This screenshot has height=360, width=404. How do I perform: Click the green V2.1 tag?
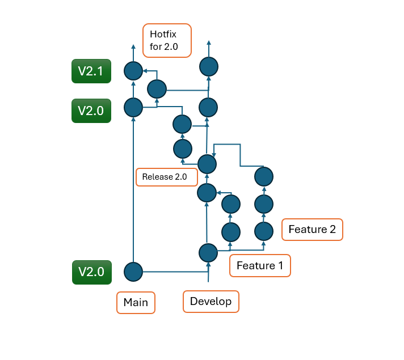pyautogui.click(x=91, y=71)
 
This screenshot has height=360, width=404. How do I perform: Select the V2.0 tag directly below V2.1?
pyautogui.click(x=91, y=111)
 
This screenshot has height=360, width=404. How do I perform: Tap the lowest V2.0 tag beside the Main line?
pyautogui.click(x=91, y=272)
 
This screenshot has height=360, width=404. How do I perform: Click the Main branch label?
pyautogui.click(x=136, y=302)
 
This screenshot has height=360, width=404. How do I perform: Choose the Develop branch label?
pyautogui.click(x=211, y=301)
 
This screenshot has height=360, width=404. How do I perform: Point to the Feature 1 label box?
pyautogui.click(x=260, y=265)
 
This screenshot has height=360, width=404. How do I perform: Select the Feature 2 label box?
pyautogui.click(x=312, y=230)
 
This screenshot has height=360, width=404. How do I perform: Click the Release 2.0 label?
pyautogui.click(x=166, y=177)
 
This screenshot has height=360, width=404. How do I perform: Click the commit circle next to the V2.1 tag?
pyautogui.click(x=133, y=71)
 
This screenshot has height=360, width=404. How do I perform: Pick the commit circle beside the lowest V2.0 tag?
pyautogui.click(x=133, y=272)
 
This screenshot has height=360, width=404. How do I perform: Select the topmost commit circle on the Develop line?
pyautogui.click(x=209, y=66)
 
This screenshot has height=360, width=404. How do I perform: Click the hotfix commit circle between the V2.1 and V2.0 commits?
pyautogui.click(x=157, y=89)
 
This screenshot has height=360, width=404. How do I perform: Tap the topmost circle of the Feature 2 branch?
pyautogui.click(x=264, y=176)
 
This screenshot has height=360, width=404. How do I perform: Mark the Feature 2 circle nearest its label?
pyautogui.click(x=264, y=231)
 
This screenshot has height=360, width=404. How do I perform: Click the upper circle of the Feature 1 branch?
pyautogui.click(x=230, y=203)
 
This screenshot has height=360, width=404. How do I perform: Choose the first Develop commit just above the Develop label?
pyautogui.click(x=208, y=252)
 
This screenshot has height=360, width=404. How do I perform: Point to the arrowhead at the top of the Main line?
pyautogui.click(x=133, y=47)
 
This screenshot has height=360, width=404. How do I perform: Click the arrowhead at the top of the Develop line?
pyautogui.click(x=209, y=44)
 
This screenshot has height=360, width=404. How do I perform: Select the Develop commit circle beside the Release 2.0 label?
pyautogui.click(x=207, y=164)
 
